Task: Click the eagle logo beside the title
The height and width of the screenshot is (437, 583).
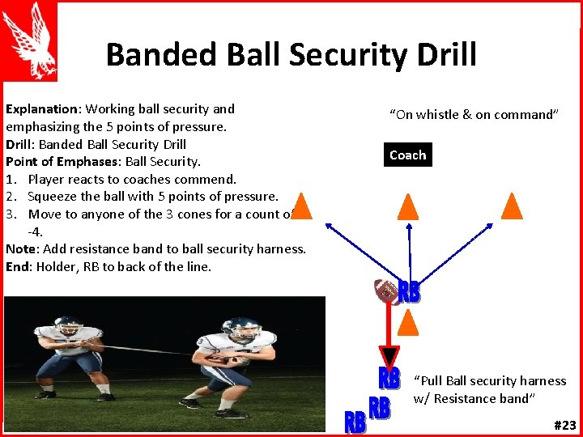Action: tap(28, 40)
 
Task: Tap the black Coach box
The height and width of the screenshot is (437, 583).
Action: tap(407, 155)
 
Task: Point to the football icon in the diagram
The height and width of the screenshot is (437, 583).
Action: tap(385, 291)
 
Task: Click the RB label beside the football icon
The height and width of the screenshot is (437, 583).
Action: tap(410, 292)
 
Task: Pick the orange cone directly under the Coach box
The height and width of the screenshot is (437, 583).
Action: tap(409, 206)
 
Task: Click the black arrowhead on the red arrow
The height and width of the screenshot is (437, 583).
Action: tap(389, 356)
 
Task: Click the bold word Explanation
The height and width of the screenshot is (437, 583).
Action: tap(41, 108)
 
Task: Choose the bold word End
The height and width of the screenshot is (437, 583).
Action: tap(17, 267)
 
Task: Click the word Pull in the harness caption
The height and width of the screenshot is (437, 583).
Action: tap(432, 380)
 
